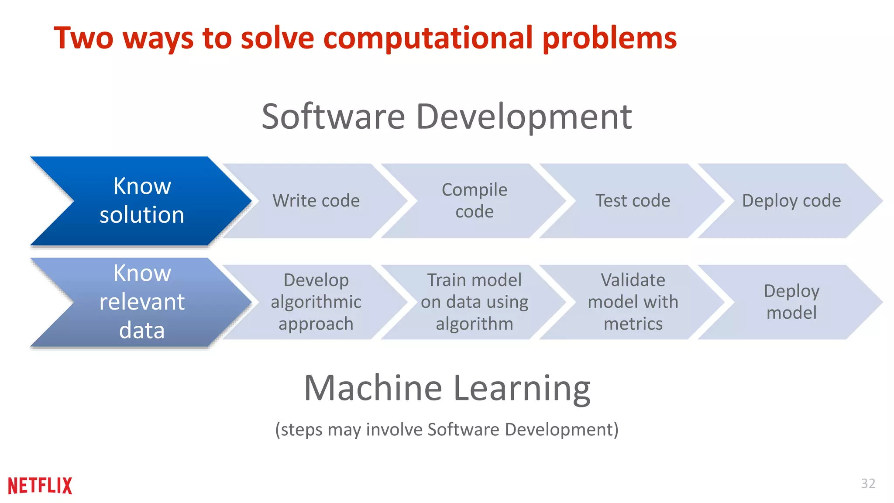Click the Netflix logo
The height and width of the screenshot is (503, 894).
point(40,486)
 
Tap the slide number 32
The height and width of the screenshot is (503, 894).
point(868,483)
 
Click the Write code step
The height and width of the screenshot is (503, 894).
point(316,201)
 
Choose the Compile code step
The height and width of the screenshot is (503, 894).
point(475,201)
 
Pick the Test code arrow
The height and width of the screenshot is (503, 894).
point(633,201)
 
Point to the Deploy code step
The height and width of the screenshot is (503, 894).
point(791,201)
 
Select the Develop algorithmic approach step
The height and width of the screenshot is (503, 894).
point(316,302)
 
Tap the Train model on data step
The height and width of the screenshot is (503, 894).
point(475,302)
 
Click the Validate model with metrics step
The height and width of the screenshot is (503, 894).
point(633,302)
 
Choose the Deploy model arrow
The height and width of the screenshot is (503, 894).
point(791,302)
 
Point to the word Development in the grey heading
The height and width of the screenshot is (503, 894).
point(524,117)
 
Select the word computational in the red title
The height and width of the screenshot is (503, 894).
point(428,38)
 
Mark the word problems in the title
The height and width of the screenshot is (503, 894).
point(609,38)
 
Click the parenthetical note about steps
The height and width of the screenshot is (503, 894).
point(447,430)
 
